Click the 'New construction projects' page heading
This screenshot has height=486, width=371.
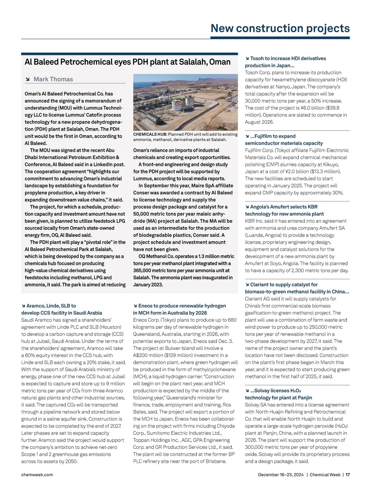click(280, 28)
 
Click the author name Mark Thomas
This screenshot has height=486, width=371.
click(53, 79)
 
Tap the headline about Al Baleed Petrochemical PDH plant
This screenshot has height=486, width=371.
click(127, 62)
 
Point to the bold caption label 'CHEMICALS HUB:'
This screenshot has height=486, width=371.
click(150, 134)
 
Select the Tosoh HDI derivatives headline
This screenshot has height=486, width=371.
click(285, 62)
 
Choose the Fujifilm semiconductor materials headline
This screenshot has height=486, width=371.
click(284, 140)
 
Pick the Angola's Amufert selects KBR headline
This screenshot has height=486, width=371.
click(284, 210)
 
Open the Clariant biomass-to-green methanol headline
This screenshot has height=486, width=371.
click(297, 288)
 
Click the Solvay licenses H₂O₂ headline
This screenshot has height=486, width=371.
click(278, 394)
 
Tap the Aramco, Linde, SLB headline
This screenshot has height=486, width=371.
click(62, 309)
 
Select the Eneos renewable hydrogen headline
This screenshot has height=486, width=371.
click(179, 309)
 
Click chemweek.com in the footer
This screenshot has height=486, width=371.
click(37, 475)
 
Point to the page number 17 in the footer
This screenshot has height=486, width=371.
click(348, 475)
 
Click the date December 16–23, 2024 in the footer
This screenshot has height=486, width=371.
click(281, 475)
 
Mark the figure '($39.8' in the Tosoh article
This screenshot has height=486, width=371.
click(331, 108)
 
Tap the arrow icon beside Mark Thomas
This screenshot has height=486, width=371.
click(28, 80)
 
